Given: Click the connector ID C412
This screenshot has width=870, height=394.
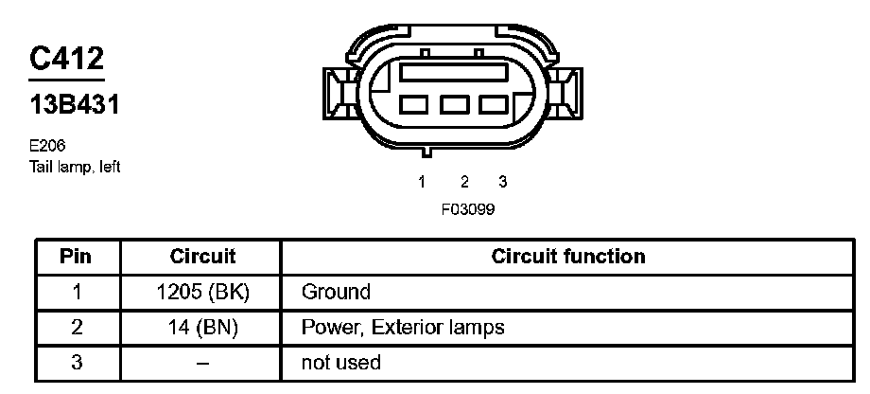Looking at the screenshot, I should pos(66,59).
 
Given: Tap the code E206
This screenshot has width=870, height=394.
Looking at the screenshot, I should pos(47,146).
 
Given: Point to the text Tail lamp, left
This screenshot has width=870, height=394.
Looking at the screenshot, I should pos(76,166).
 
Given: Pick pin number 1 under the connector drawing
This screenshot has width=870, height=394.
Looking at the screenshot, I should pos(422,182).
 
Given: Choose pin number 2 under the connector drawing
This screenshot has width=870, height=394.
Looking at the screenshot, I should pos(465,182).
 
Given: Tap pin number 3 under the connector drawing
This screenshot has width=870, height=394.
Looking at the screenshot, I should pos(502,182).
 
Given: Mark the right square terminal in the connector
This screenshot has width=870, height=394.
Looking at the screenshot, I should pos(495,104).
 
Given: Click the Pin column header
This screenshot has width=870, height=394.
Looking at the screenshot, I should pos(77,257).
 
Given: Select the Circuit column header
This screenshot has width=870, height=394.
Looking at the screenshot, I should pos(202,257).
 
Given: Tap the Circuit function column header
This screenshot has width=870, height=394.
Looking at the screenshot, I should pos(568,257).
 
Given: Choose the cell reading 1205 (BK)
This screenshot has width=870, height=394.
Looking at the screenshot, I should pos(202,292).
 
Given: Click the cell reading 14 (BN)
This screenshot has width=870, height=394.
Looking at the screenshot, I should pos(202,328).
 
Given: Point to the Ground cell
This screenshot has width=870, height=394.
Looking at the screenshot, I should pos(336,292).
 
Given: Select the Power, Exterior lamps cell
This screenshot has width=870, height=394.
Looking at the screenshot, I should pos(402,328).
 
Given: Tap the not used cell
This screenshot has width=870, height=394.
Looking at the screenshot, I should pos(340,363).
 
